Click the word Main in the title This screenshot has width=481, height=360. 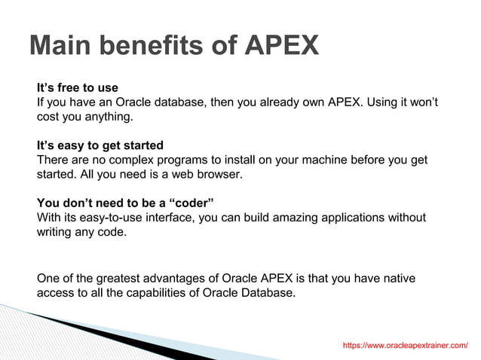tap(59, 46)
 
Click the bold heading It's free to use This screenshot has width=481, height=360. tap(78, 88)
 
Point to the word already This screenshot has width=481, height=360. tap(278, 102)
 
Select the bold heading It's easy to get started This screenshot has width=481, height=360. tap(100, 145)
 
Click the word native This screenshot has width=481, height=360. tap(397, 279)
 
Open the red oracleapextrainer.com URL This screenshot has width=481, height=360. tap(405, 345)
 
